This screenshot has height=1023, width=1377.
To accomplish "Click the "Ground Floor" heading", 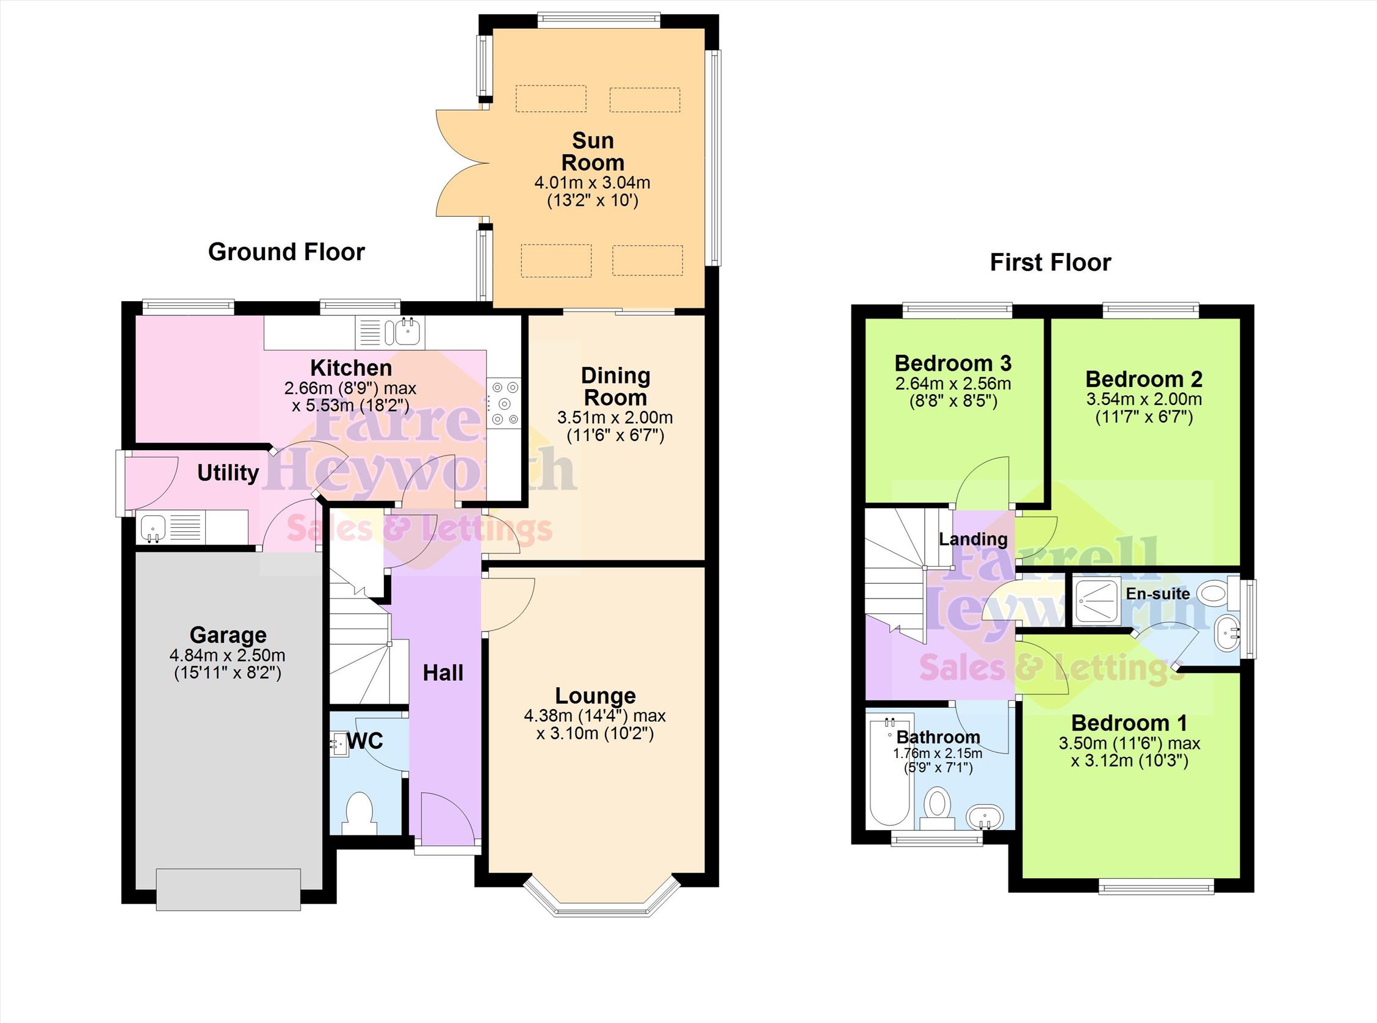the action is click(x=286, y=252).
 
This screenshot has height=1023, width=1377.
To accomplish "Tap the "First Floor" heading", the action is click(x=1050, y=263).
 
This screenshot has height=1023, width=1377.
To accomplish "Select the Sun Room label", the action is click(x=592, y=151).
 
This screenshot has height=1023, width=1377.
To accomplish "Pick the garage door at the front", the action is click(x=228, y=889).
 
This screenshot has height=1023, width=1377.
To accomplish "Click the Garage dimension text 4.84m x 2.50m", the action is click(x=227, y=655).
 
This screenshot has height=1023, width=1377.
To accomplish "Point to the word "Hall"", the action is click(x=443, y=673).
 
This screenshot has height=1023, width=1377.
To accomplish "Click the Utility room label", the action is click(x=228, y=473).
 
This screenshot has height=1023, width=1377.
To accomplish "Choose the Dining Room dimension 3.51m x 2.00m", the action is click(x=615, y=418).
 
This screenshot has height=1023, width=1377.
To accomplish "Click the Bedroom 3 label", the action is click(x=953, y=363).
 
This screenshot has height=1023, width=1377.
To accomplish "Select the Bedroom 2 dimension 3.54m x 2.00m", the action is click(x=1144, y=399).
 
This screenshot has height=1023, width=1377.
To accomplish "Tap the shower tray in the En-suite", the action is click(x=1097, y=601).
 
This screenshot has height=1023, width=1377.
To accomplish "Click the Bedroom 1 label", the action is click(x=1129, y=723).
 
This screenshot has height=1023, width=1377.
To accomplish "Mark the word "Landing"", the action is click(x=973, y=540).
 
